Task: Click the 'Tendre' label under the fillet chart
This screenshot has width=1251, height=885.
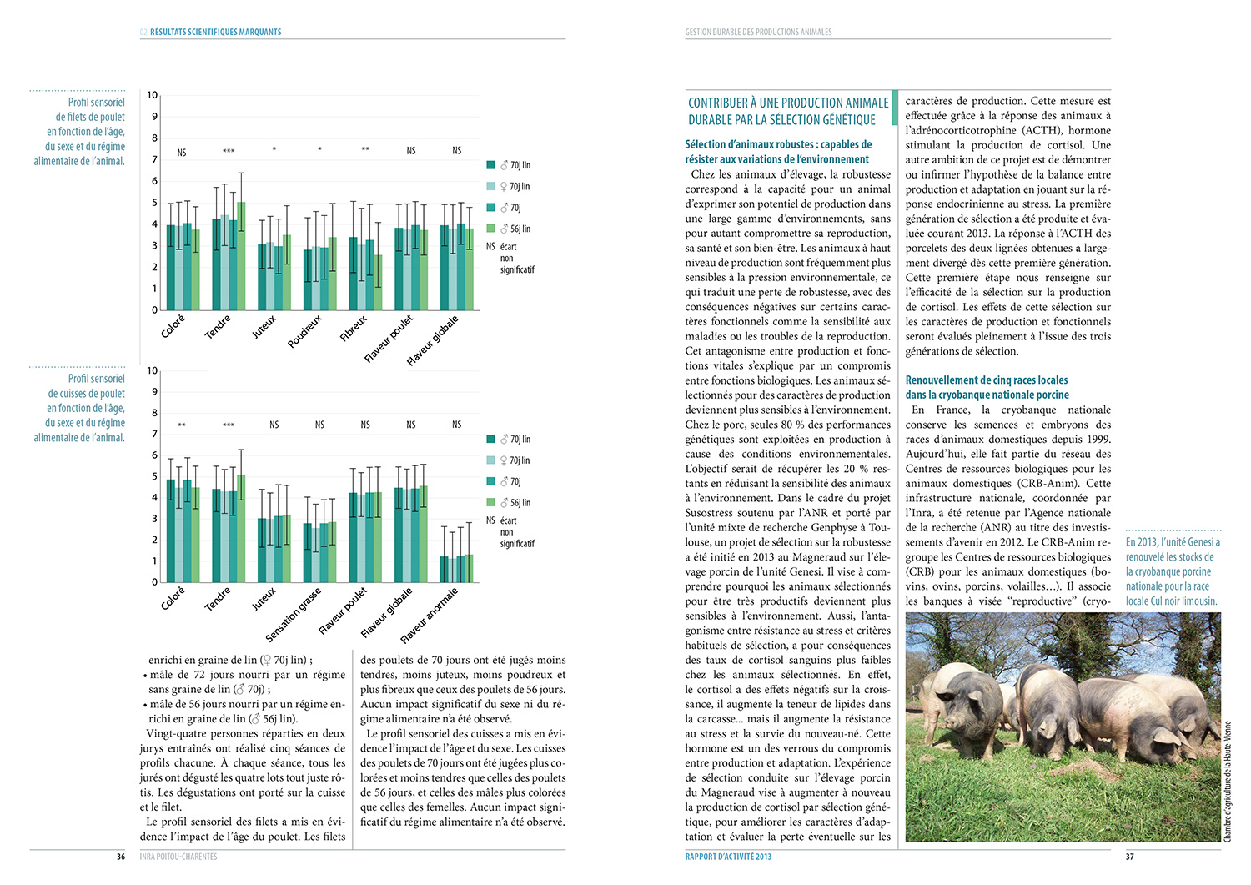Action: pos(218,326)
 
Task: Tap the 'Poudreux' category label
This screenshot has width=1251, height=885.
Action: pos(304,331)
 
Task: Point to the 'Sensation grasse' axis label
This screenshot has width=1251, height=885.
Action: pos(293,615)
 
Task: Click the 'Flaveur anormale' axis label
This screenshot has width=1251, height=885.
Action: pos(429,616)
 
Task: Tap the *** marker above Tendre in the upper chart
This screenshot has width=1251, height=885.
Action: pos(229,151)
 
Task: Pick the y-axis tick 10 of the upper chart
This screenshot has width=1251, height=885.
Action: pos(153,95)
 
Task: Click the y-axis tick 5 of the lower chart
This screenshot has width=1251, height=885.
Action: pos(154,476)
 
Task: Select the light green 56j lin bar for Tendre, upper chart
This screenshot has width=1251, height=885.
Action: pos(241,255)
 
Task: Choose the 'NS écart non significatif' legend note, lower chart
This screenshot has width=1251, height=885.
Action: pos(510,531)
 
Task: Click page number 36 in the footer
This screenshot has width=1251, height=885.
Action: pos(121,857)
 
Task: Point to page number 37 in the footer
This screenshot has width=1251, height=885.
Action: pos(1130,857)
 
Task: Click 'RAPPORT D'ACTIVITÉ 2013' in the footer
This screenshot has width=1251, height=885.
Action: pos(728,857)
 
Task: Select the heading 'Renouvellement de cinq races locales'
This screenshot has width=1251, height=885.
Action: pos(987,380)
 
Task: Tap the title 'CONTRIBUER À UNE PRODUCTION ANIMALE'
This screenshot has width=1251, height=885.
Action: pos(788,103)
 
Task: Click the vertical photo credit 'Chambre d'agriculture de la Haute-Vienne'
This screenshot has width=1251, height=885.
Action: pos(1227,781)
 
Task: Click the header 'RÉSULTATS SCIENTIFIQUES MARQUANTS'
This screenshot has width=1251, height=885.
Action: pos(215,32)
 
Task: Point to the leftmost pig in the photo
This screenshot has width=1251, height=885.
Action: pos(967,701)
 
